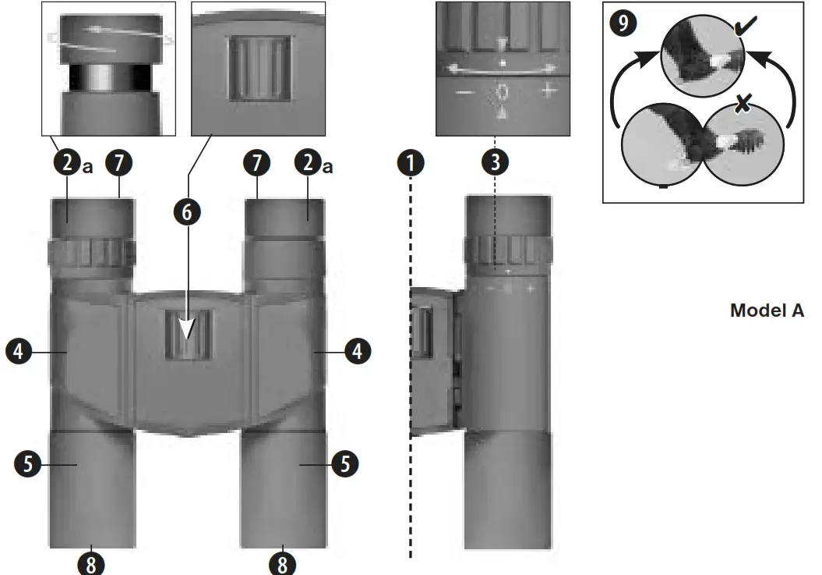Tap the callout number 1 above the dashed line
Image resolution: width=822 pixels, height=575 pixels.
411,162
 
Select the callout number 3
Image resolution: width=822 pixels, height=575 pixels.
495,162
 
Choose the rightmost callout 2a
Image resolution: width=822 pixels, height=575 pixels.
310,163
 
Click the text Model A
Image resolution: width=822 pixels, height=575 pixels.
767,311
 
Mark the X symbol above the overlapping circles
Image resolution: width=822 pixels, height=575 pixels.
743,102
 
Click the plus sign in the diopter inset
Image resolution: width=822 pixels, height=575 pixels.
549,91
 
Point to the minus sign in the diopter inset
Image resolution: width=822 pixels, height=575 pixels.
464,92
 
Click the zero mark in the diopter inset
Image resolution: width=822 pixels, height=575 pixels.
503,92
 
